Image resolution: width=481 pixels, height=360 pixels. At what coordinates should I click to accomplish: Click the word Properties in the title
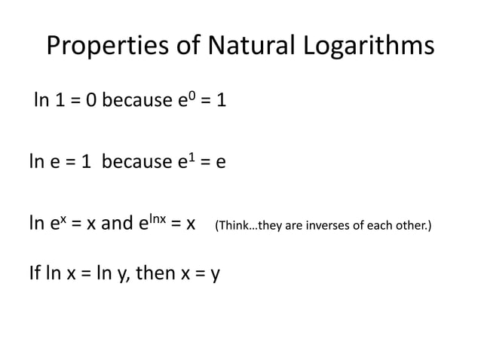click(x=102, y=47)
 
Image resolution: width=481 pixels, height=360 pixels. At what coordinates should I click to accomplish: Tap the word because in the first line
click(x=136, y=99)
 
